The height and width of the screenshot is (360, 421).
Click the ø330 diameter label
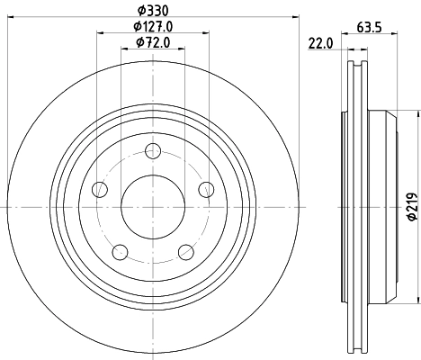pos(152,10)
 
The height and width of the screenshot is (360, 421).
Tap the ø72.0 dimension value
pos(152,42)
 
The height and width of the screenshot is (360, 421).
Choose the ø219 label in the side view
pos(412,208)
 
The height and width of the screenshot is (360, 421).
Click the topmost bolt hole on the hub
pos(152,151)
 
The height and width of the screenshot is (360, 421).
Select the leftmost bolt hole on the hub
pos(100,189)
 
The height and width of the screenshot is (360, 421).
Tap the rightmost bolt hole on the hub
pos(206,189)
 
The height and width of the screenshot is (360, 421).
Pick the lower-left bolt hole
pos(120,251)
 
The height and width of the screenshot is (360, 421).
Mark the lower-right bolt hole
pos(185,251)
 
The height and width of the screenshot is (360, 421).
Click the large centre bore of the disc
pos(152,207)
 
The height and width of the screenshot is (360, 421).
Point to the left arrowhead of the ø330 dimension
pos(12,19)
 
